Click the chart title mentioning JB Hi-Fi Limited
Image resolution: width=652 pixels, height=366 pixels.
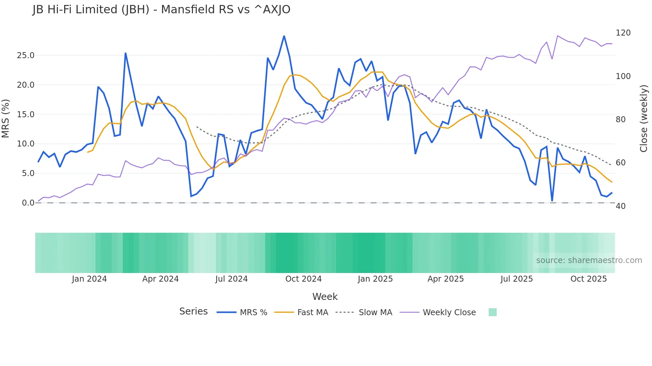click(161, 10)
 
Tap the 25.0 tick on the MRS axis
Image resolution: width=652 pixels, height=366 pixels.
click(26, 55)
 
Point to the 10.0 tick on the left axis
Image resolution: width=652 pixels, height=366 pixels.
click(26, 144)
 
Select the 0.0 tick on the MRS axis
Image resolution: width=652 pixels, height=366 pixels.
click(28, 203)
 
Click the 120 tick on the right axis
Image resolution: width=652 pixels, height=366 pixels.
click(623, 33)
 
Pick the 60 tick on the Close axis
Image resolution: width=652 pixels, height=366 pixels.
click(621, 163)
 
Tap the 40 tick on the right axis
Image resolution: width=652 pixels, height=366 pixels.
click(621, 206)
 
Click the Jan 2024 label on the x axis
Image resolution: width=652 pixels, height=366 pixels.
click(89, 279)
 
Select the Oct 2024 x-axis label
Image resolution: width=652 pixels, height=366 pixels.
click(303, 279)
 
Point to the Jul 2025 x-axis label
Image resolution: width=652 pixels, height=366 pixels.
click(517, 279)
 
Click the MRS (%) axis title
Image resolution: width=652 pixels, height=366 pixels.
click(6, 118)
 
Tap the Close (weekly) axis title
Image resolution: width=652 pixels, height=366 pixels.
click(644, 118)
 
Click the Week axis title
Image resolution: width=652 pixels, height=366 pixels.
click(325, 297)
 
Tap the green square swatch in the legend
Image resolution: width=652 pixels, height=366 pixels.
click(493, 312)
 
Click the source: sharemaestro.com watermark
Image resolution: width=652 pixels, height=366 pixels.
click(589, 260)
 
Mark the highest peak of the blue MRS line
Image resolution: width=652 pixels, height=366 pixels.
click(284, 36)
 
